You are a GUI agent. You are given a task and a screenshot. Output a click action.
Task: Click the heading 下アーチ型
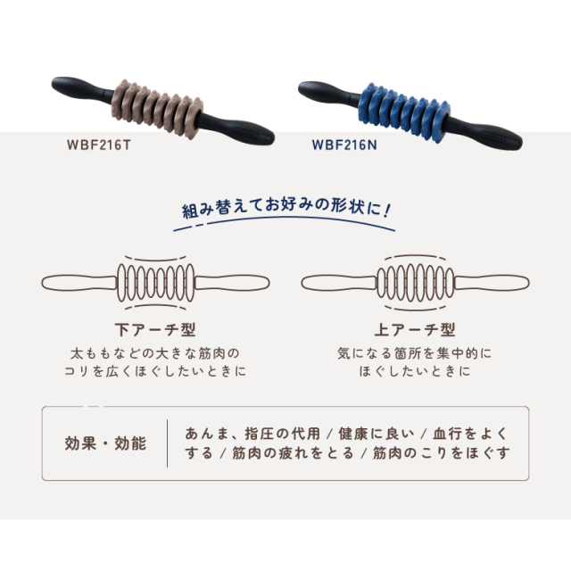[149, 328]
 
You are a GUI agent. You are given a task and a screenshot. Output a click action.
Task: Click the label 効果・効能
[105, 443]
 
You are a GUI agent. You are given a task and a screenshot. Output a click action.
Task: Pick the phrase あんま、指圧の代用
[253, 434]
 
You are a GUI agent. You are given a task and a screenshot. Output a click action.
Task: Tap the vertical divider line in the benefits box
[168, 443]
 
